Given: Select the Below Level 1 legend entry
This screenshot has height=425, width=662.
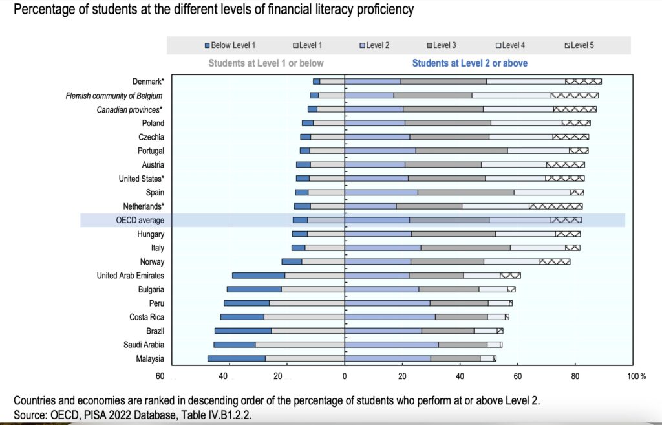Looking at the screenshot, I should pyautogui.click(x=230, y=45).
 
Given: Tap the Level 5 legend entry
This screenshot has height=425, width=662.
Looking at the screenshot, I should pyautogui.click(x=580, y=45).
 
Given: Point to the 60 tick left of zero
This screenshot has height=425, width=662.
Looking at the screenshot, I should pyautogui.click(x=160, y=376).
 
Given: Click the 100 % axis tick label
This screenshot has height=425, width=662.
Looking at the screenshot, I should pyautogui.click(x=636, y=376).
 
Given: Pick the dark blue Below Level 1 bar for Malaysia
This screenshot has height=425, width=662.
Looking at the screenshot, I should pyautogui.click(x=236, y=358).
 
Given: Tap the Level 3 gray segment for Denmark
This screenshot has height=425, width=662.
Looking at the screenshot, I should pyautogui.click(x=443, y=82).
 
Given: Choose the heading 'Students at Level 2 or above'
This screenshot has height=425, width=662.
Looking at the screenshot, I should pyautogui.click(x=469, y=63).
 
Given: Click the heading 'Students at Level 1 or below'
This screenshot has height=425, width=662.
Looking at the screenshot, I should pyautogui.click(x=266, y=63).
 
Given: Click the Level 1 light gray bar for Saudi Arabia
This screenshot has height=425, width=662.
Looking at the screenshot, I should pyautogui.click(x=299, y=345).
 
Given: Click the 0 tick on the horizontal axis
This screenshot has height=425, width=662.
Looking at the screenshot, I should pyautogui.click(x=345, y=376).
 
